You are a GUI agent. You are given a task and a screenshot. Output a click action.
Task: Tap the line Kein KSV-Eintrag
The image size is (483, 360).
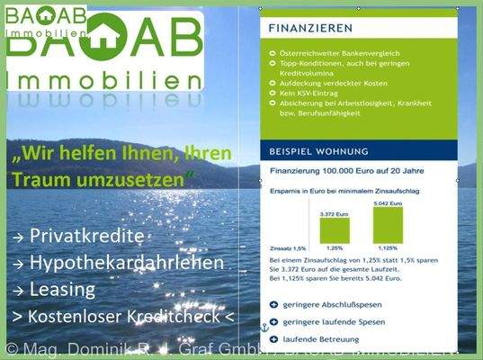310,92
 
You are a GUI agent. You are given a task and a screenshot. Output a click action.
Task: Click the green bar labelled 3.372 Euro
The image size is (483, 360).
335,229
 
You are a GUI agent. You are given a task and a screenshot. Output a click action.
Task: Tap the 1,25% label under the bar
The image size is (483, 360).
335,247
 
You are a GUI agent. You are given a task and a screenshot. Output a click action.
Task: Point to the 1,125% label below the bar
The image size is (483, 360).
388,247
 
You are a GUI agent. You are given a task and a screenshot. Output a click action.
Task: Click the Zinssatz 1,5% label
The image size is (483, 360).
289,247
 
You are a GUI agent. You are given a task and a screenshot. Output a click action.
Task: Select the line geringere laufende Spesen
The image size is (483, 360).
334,322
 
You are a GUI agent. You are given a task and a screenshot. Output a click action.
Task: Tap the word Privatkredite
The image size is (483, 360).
86,236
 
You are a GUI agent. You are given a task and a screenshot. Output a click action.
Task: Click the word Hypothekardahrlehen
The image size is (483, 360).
126,263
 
